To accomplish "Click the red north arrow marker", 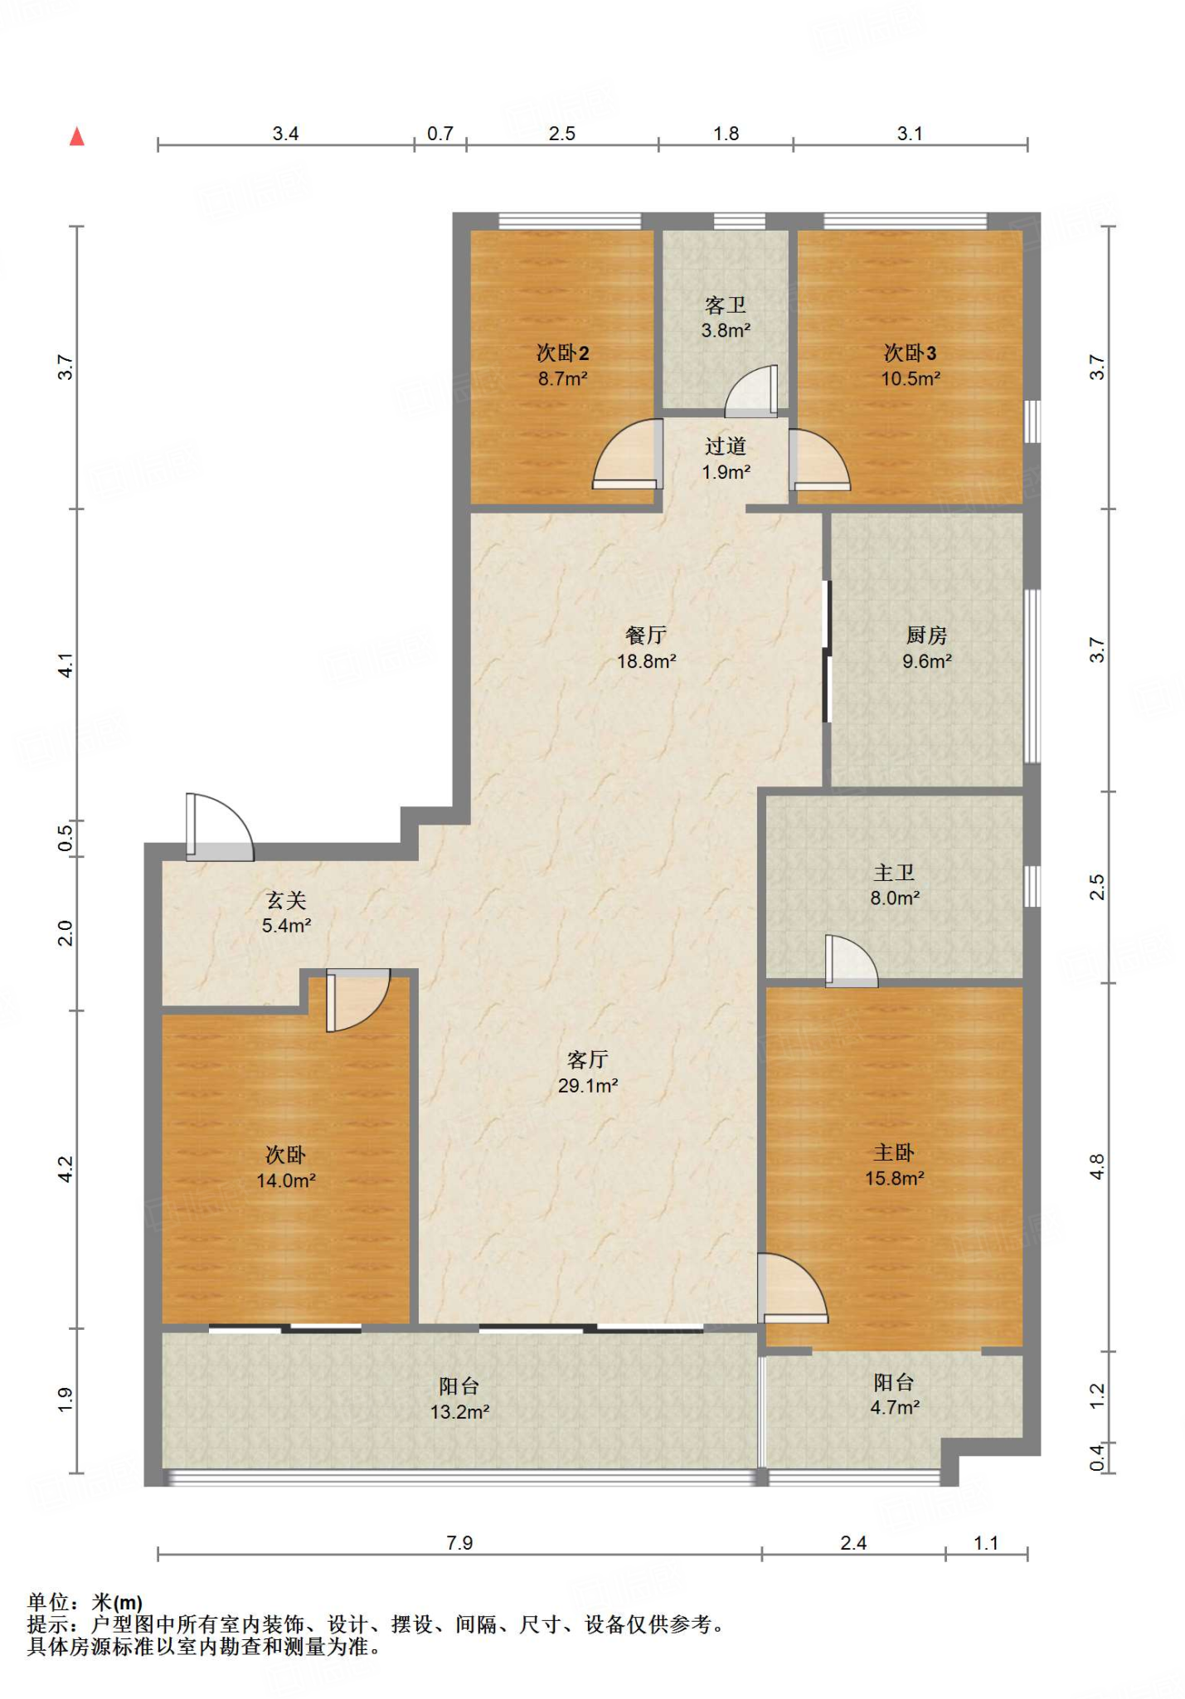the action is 77,137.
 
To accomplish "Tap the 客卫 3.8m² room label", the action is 726,318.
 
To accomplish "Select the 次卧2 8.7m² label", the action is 562,366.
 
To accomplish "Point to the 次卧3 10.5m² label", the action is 910,366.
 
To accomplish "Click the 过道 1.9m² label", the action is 726,459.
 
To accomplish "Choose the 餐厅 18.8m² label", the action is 646,648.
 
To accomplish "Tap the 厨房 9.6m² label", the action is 926,648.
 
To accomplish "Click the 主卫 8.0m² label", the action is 894,885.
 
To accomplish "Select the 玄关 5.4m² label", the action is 286,913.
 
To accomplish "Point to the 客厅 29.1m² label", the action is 588,1072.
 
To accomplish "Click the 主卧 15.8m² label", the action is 894,1165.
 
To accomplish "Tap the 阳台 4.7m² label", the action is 894,1395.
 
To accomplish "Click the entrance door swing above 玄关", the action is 220,827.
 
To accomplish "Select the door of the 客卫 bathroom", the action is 752,391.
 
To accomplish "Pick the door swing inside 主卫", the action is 852,961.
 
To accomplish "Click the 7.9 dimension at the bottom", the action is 459,1542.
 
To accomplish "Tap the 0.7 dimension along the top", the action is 440,134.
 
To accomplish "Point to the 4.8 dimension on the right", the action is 1097,1167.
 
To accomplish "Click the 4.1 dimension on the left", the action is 66,665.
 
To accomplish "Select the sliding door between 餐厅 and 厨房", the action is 826,651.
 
